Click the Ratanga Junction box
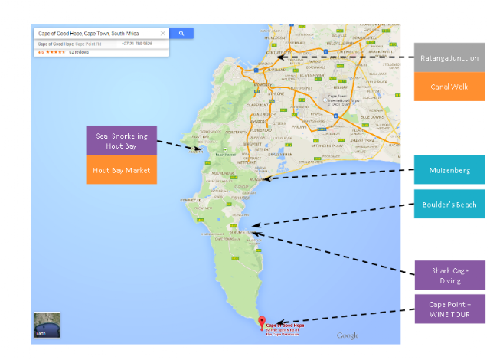click(449, 58)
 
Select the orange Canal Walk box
click(449, 86)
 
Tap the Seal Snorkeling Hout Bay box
click(122, 140)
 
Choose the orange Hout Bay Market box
click(122, 169)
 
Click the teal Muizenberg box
click(449, 170)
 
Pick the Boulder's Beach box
click(449, 204)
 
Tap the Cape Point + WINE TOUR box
click(449, 309)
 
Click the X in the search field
click(162, 34)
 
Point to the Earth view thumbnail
click(47, 325)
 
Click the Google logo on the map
click(347, 335)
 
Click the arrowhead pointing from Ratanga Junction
click(279, 57)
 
